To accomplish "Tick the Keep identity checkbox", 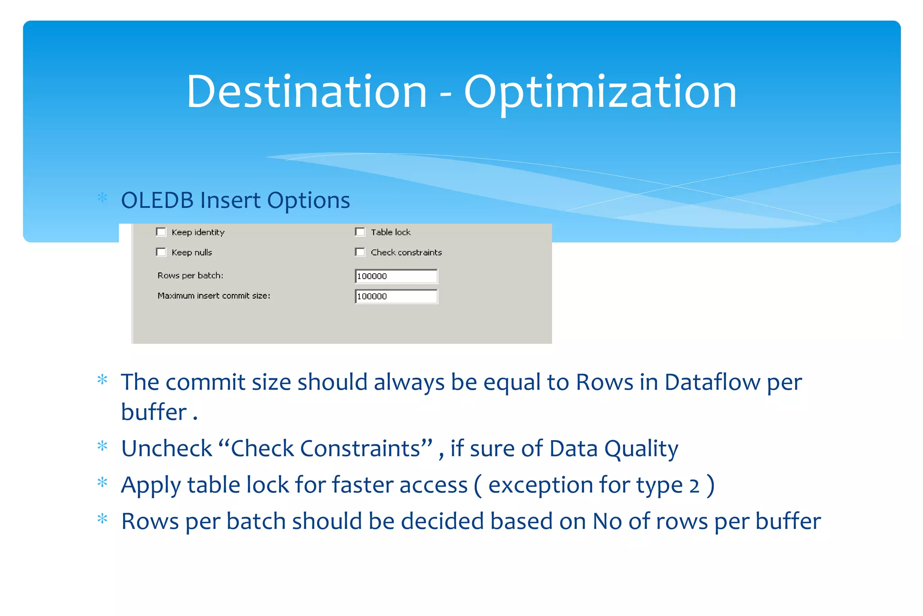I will [x=161, y=232].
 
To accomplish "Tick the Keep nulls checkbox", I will [x=161, y=252].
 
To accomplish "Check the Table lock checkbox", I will [x=360, y=232].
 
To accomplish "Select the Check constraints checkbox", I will [x=360, y=252].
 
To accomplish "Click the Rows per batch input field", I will [x=396, y=276].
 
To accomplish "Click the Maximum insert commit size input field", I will [x=396, y=296].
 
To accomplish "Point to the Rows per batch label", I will [x=190, y=276].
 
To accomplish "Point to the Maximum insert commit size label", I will [x=214, y=296].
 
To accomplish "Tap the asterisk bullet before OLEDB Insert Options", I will [x=102, y=198].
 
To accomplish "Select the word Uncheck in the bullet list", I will [x=166, y=449].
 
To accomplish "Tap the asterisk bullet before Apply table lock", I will [x=102, y=483].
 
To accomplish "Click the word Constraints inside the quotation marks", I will [x=360, y=449].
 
